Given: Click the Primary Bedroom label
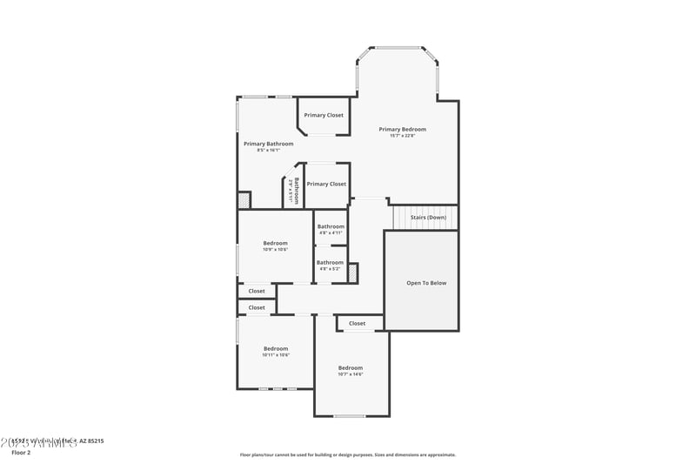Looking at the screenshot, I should point(402,129).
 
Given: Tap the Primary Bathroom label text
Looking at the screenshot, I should point(268,144).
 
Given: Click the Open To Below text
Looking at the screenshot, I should point(426,283).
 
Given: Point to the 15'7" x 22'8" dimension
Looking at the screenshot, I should point(402,136).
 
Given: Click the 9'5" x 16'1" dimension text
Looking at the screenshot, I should point(268,151).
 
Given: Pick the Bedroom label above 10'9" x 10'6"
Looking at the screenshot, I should point(275,243).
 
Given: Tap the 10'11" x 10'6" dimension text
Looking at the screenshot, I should point(275,355).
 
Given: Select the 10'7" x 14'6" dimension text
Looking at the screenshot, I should point(350,374).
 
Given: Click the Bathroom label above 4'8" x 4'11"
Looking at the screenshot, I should point(330,226).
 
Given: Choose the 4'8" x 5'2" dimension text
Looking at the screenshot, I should point(330,269).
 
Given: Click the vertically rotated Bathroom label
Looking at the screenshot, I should point(296,191).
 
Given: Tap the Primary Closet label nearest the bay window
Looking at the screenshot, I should point(324,115).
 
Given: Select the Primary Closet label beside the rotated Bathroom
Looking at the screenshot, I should point(326,184).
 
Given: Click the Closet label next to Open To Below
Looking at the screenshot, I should point(357,324).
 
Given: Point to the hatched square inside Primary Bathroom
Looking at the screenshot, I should point(244,200).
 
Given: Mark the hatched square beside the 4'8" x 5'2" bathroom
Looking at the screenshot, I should point(352,272).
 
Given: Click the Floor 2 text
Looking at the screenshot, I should point(21,453).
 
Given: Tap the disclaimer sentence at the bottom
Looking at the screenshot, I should point(347,454).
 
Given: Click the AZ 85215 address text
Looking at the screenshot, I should point(90,441).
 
